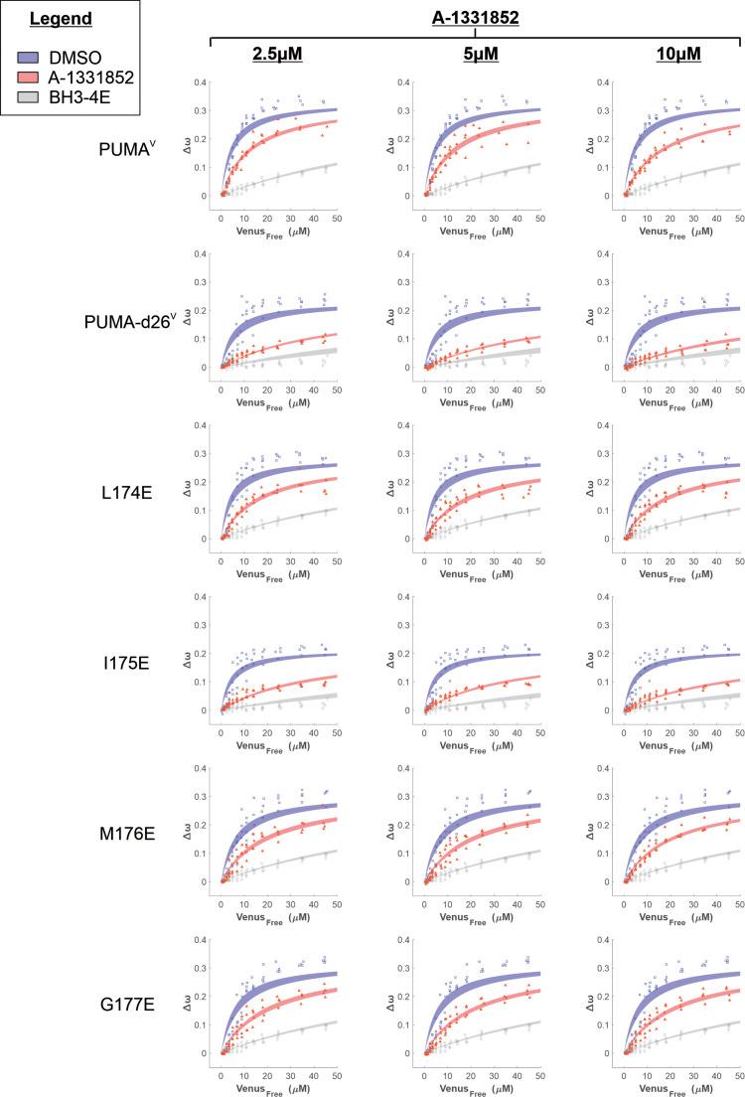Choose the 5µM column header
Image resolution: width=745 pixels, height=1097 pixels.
coord(476,54)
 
